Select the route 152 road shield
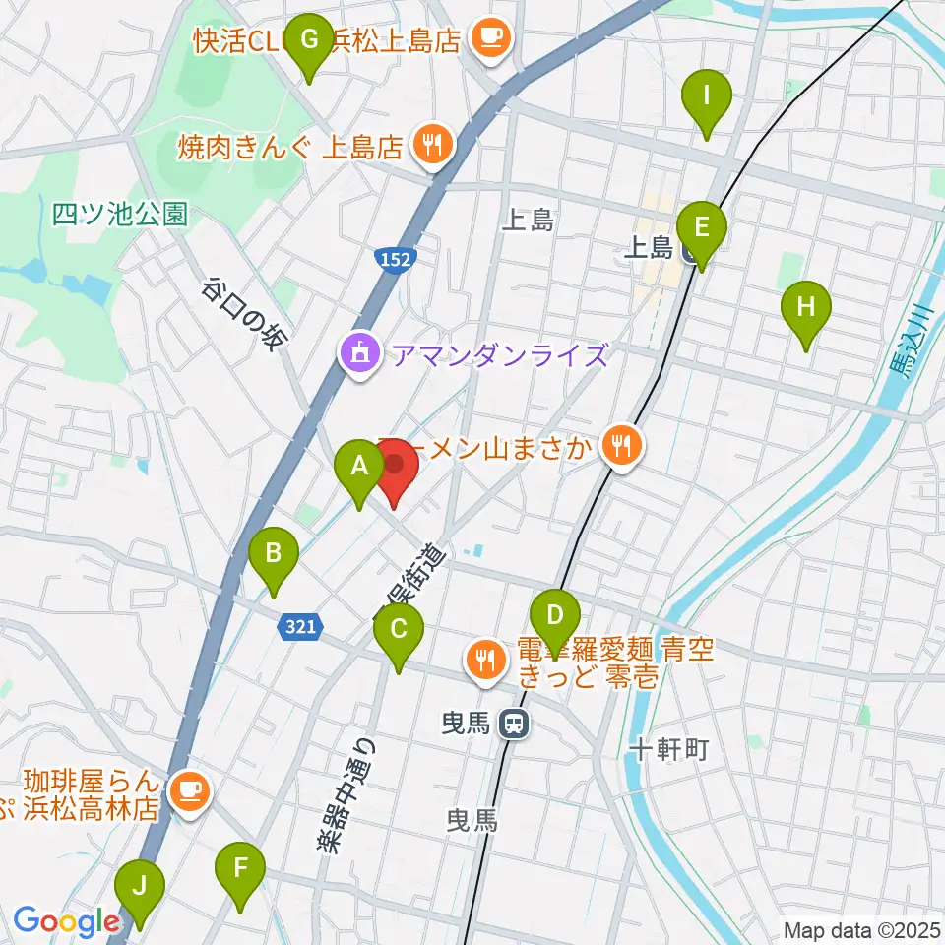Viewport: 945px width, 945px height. click(x=396, y=259)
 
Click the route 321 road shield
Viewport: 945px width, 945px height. click(x=301, y=626)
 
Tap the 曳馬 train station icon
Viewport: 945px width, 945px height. click(x=513, y=725)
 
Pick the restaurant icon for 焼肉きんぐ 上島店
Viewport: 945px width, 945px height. click(x=431, y=147)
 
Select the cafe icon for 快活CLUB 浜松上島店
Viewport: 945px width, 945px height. click(x=488, y=39)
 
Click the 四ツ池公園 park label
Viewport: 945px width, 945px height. click(x=120, y=214)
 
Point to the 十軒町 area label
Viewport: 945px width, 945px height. click(x=668, y=751)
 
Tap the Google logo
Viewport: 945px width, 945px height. click(x=67, y=921)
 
